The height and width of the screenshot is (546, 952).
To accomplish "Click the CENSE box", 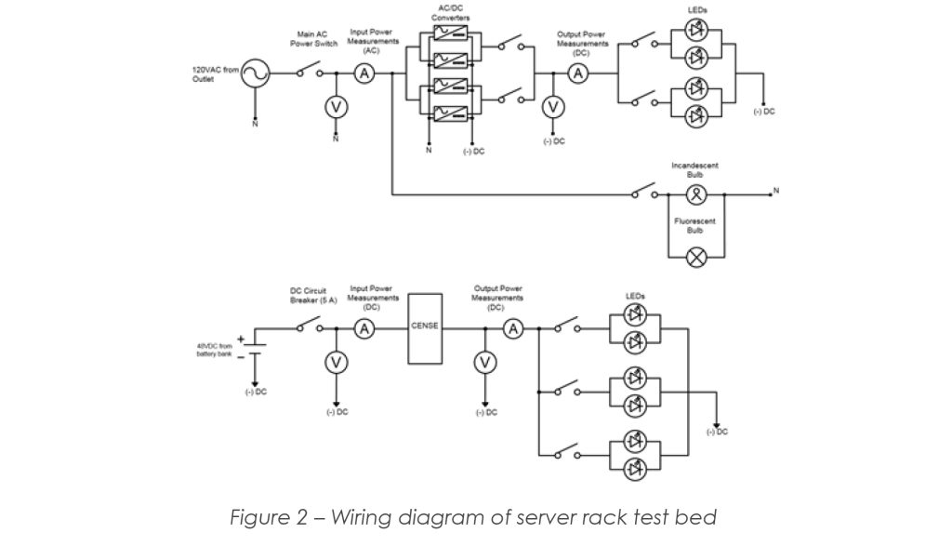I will point(425,327).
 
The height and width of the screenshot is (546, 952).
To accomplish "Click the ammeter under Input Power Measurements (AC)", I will point(364,73).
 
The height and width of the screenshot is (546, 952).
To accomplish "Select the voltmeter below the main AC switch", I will point(336,108).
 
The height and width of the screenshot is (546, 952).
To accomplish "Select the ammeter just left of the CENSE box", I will point(365,327).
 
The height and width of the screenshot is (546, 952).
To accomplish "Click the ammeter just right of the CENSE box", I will point(512,327).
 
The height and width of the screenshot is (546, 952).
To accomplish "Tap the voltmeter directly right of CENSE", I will point(483,363).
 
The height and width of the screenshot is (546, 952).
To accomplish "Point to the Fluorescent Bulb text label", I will point(694,225).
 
